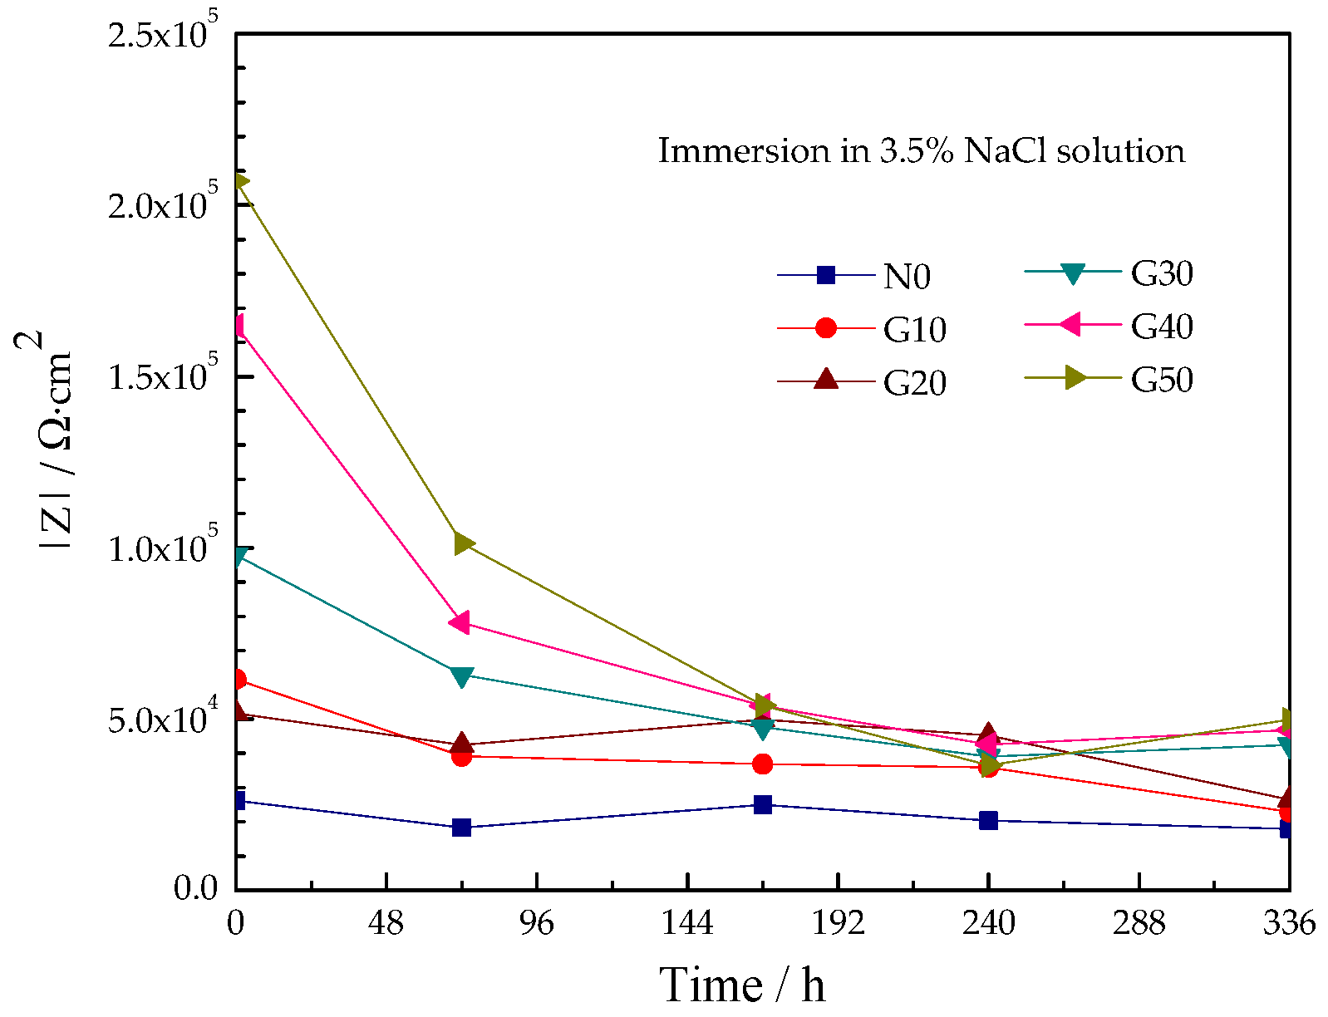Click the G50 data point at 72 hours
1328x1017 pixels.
pos(463,543)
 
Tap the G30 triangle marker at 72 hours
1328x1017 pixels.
pos(462,676)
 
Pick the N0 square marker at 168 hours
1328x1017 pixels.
pos(763,804)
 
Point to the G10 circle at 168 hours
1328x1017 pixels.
pos(763,764)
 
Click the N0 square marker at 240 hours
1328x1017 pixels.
pos(988,820)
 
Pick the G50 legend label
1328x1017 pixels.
pos(1161,380)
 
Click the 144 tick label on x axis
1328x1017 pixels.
pos(687,923)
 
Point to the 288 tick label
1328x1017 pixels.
pos(1139,923)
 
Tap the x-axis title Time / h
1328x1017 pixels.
pos(742,985)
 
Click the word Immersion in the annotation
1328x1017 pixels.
pos(743,150)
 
